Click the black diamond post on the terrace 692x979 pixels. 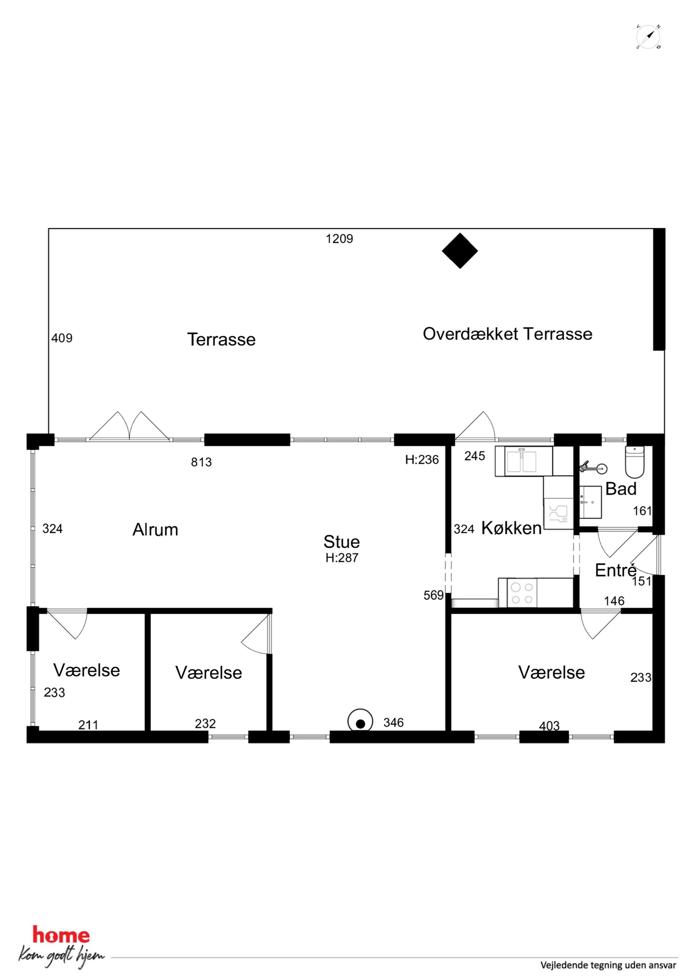coord(460,251)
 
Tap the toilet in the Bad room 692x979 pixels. coord(635,462)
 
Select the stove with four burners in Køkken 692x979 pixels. coord(522,593)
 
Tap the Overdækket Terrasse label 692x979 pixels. coord(507,334)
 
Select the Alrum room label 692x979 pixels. coord(155,530)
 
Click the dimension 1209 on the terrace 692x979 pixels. coord(339,239)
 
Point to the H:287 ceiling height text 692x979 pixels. coord(342,558)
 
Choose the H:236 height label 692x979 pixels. coord(422,459)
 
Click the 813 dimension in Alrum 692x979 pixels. coord(201,462)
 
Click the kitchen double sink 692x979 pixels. coord(524,461)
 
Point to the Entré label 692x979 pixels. coord(616,570)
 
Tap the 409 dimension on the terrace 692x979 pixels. coord(62,338)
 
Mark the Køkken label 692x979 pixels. coord(512,528)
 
